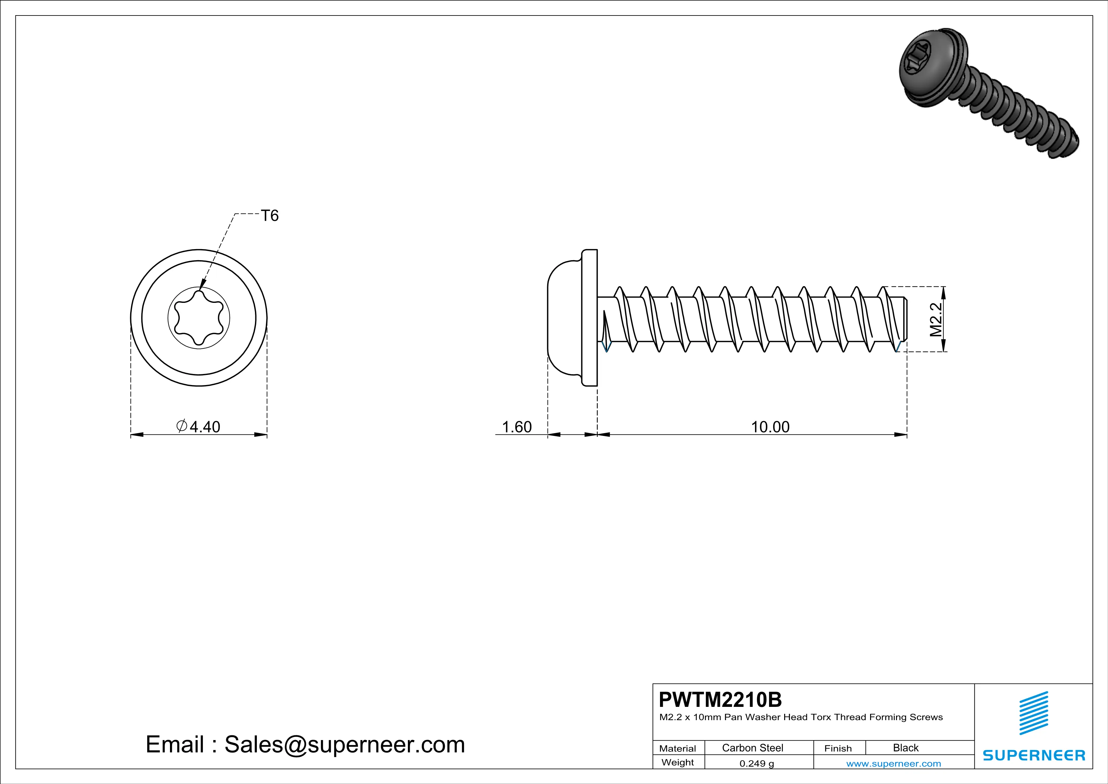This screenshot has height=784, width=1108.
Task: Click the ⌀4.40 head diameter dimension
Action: (x=199, y=427)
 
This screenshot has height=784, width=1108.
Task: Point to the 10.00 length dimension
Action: (x=770, y=427)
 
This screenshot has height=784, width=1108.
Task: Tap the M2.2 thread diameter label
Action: (x=935, y=320)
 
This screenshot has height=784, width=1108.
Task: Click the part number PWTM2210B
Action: (x=720, y=700)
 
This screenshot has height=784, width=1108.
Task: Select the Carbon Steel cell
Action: (x=752, y=748)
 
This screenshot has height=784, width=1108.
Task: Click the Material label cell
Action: (x=678, y=748)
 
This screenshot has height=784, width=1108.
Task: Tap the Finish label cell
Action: (x=838, y=748)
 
